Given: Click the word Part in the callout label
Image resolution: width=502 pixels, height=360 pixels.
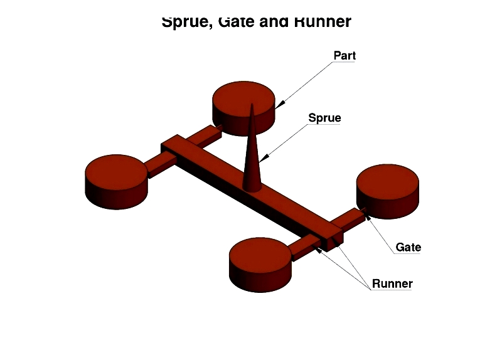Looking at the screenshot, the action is (x=344, y=55).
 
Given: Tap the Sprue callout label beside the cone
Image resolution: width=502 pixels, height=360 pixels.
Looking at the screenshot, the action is (x=324, y=118).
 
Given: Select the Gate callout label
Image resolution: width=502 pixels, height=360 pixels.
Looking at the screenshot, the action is (x=409, y=247).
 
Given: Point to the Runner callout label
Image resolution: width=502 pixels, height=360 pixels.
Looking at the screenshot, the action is (x=392, y=283).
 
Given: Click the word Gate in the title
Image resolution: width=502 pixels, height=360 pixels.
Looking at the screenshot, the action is (x=237, y=21).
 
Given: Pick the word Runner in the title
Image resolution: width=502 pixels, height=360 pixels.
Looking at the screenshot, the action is (x=323, y=21).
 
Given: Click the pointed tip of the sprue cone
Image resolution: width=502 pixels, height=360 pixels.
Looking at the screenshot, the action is (x=252, y=104).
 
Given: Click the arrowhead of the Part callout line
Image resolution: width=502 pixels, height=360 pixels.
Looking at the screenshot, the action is (x=279, y=105).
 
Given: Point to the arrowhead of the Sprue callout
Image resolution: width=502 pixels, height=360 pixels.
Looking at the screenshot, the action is (x=264, y=158).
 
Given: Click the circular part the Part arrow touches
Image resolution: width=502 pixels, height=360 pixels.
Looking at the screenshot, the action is (x=243, y=109).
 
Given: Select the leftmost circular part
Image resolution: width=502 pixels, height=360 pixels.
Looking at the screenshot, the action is (x=116, y=182).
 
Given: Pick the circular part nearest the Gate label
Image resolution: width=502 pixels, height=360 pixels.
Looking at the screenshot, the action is (x=388, y=191).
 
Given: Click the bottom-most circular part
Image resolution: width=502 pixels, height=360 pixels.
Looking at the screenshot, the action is (x=260, y=265).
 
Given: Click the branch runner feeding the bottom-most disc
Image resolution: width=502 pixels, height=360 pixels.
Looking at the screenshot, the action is (x=304, y=247).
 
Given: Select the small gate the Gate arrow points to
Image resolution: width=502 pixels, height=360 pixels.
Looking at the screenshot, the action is (x=363, y=211).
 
